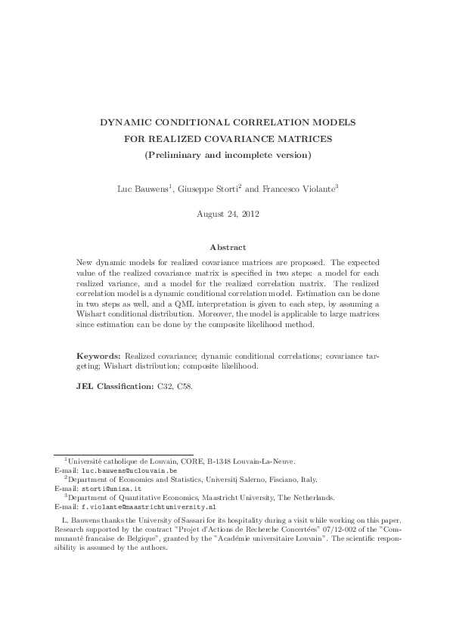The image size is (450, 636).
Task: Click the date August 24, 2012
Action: pyautogui.click(x=225, y=214)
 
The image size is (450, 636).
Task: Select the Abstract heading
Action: pyautogui.click(x=225, y=247)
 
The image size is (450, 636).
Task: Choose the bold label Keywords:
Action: pyautogui.click(x=99, y=354)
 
